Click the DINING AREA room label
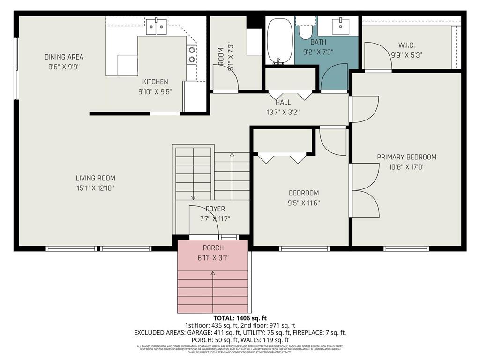[64, 57]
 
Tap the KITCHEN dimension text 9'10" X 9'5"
[155, 92]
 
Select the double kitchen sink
[156, 27]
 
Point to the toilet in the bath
[306, 29]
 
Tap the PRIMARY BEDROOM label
[406, 157]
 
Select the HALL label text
[283, 102]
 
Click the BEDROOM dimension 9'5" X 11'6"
[304, 203]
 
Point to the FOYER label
[215, 209]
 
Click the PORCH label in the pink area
[213, 247]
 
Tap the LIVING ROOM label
[95, 178]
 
